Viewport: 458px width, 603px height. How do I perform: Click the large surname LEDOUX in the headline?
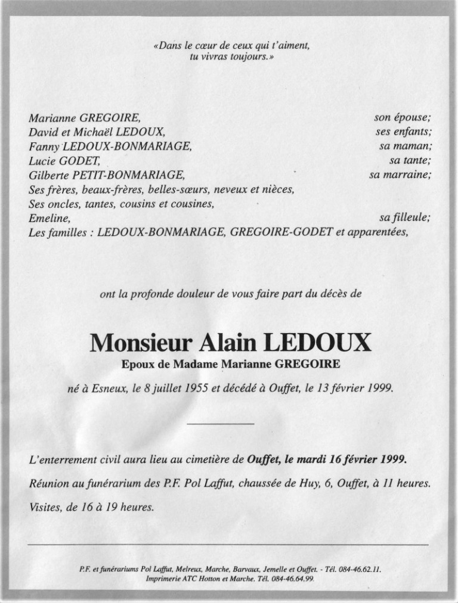click(316, 343)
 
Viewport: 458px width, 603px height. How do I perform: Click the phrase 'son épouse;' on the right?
click(403, 119)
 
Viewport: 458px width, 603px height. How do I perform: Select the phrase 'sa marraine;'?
click(400, 175)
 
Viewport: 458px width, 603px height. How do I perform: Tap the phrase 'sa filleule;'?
click(405, 218)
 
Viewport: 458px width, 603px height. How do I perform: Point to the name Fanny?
click(42, 147)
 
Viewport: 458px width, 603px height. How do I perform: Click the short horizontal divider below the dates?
click(221, 424)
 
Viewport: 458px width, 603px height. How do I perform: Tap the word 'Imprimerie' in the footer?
click(163, 579)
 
